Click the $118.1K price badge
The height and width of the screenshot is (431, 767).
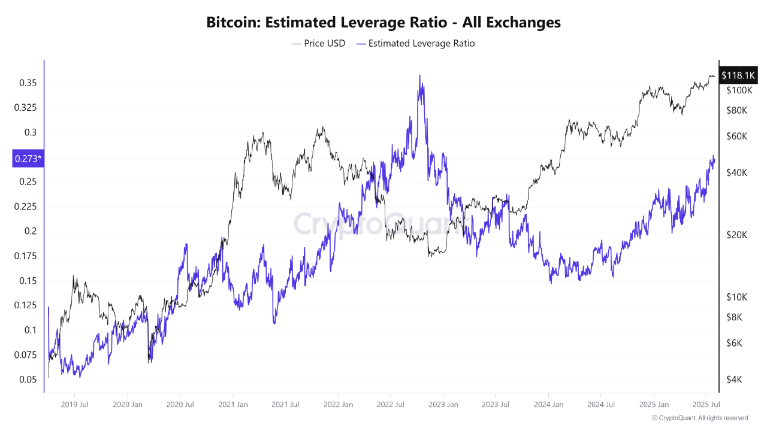[x=738, y=75]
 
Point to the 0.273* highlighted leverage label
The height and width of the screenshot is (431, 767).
[x=28, y=159]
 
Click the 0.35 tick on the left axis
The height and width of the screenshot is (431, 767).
[x=28, y=83]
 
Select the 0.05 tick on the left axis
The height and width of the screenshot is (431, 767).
[x=28, y=380]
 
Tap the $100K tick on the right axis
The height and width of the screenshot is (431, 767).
[x=739, y=90]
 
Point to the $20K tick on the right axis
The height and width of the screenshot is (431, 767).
[x=736, y=235]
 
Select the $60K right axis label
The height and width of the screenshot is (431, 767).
[x=736, y=136]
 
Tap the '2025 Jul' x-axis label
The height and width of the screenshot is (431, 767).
[x=706, y=404]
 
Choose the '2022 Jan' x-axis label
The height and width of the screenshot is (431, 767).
[x=337, y=404]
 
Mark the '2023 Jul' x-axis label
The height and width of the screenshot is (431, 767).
[x=496, y=404]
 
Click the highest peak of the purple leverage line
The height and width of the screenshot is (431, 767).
[x=420, y=76]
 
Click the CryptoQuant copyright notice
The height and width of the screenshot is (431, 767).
[x=699, y=418]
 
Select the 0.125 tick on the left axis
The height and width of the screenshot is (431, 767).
[x=26, y=305]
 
